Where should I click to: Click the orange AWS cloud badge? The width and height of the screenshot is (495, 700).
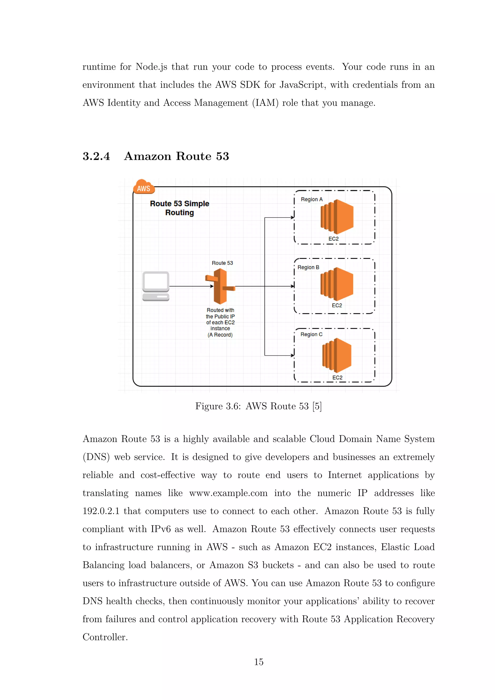(144, 187)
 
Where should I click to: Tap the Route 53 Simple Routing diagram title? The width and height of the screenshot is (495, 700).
(180, 208)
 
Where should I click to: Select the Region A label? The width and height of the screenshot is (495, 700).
(312, 199)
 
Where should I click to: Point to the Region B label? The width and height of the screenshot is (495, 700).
(308, 267)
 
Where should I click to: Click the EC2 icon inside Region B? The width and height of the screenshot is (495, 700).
(337, 284)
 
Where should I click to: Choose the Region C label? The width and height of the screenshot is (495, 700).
(311, 335)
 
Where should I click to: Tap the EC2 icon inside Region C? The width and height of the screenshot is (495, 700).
(337, 355)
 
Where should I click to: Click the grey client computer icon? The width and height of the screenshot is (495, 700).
(156, 286)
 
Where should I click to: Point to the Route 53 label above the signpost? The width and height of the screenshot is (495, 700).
(222, 263)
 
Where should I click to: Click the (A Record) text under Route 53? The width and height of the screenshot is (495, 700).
(220, 335)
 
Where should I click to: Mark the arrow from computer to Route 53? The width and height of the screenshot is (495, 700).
(190, 286)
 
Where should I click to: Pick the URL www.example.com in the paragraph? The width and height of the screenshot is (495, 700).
(228, 493)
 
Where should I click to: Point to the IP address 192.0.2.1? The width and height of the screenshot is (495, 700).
(101, 511)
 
